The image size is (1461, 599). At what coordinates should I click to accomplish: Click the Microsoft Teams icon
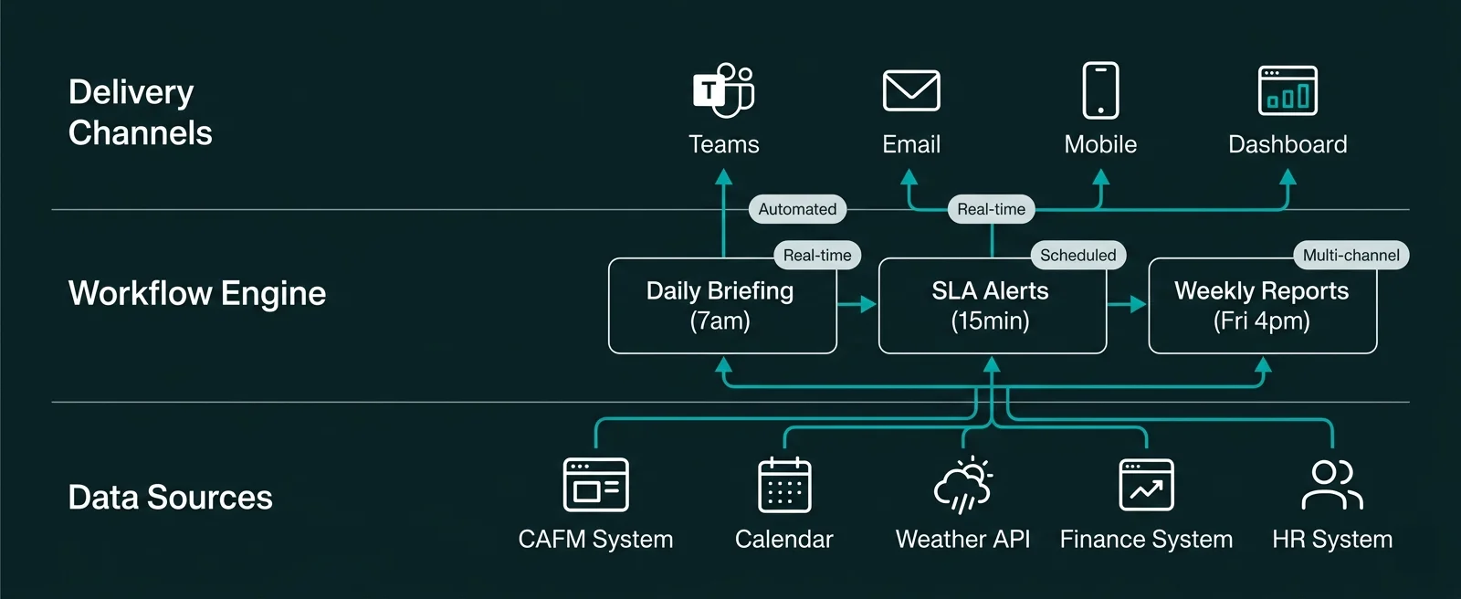[x=723, y=90]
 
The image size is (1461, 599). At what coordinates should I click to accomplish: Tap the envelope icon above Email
[x=911, y=90]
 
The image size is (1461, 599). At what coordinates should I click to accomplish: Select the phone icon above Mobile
[x=1100, y=90]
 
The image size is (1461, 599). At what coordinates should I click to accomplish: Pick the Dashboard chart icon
[x=1288, y=90]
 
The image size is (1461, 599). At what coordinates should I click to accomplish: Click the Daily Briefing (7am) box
[x=722, y=306]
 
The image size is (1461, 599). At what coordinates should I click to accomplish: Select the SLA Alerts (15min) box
[x=992, y=306]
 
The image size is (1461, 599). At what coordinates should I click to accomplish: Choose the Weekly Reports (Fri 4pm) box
[x=1262, y=306]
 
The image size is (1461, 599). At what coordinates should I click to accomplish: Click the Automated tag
[x=797, y=209]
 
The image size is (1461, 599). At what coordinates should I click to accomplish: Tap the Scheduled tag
[x=1077, y=255]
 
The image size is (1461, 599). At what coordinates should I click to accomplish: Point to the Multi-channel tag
[x=1351, y=255]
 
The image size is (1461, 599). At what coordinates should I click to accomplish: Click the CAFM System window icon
[x=595, y=485]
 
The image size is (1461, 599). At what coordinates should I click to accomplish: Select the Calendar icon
[x=784, y=485]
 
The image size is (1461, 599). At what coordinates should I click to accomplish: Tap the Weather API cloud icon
[x=962, y=485]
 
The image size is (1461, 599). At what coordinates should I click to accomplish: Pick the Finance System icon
[x=1146, y=485]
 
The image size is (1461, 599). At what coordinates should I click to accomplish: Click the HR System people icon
[x=1332, y=485]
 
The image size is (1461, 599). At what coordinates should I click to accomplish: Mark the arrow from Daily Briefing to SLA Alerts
[x=857, y=304]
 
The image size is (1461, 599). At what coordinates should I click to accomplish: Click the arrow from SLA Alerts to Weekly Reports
[x=1128, y=304]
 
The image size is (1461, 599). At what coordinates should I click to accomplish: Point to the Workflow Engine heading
[x=197, y=293]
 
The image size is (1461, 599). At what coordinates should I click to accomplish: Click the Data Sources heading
[x=171, y=498]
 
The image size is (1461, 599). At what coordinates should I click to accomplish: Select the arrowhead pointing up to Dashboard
[x=1288, y=177]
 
